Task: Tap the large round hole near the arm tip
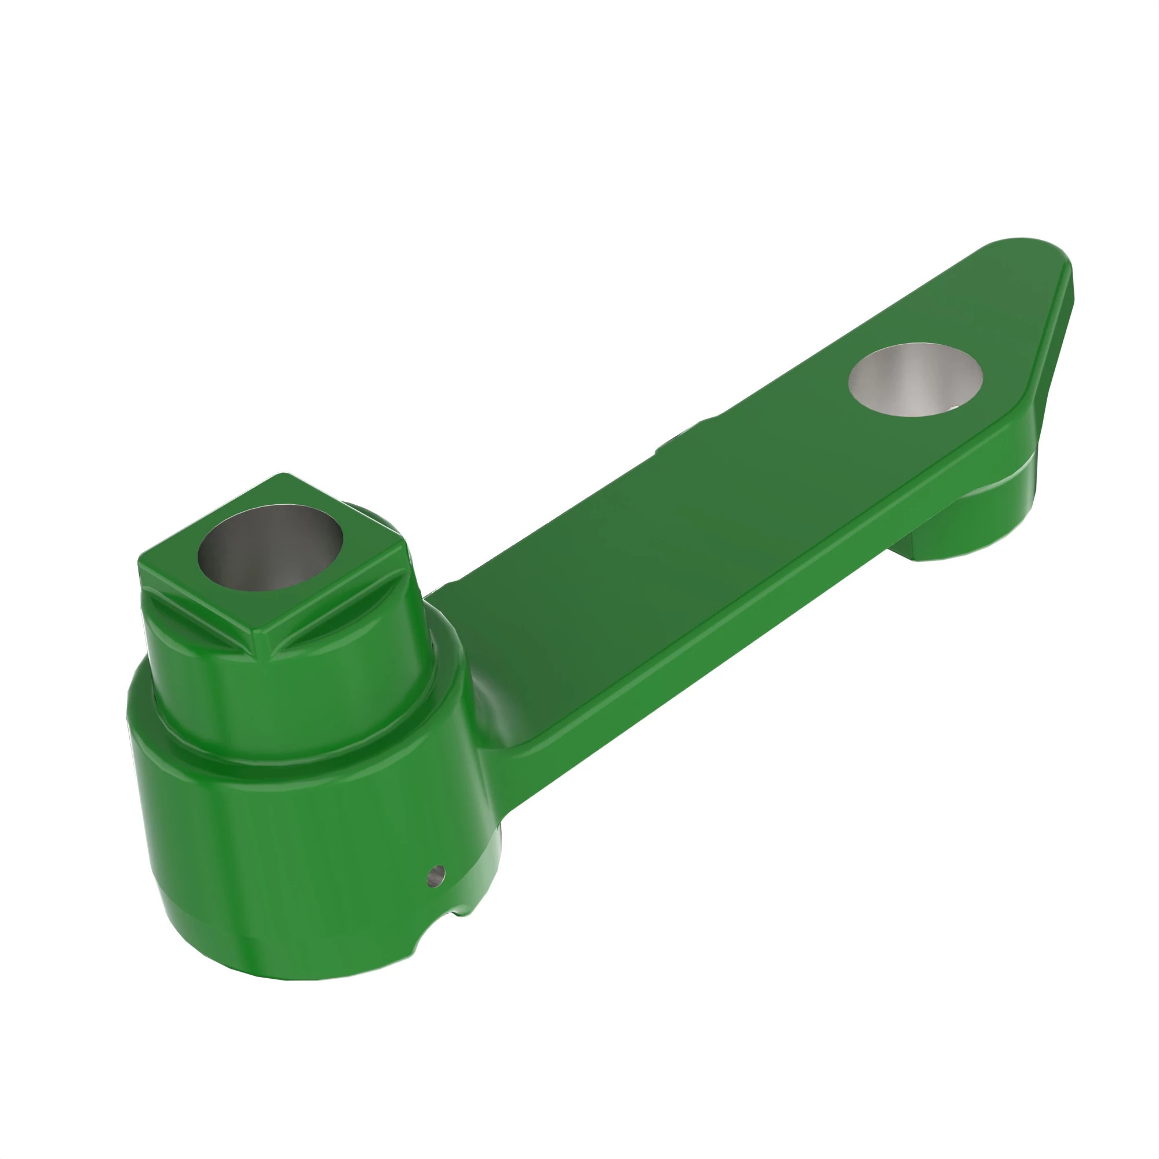point(916,379)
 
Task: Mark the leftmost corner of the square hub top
point(140,563)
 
